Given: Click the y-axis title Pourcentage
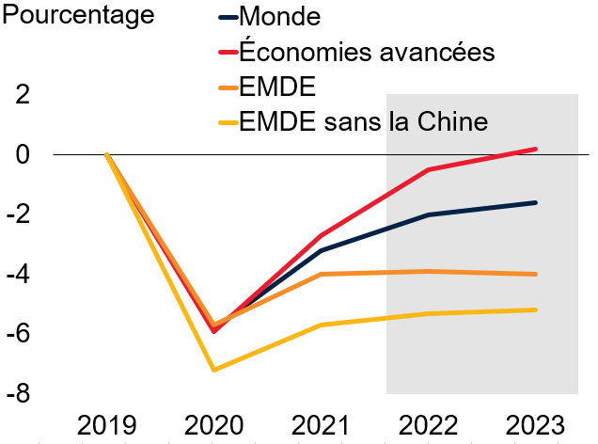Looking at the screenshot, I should (77, 16).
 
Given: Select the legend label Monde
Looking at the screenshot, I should (281, 16).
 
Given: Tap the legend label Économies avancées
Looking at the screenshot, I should (367, 51).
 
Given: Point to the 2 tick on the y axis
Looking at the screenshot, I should (22, 94).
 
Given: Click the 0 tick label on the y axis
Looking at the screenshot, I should (22, 154).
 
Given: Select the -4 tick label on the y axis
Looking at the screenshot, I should (17, 275).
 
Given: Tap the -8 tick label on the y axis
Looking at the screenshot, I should (17, 395).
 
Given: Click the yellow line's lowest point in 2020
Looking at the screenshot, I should (214, 370).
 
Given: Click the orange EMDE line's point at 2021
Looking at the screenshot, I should (322, 274).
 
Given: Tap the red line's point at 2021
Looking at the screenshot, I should (322, 235).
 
